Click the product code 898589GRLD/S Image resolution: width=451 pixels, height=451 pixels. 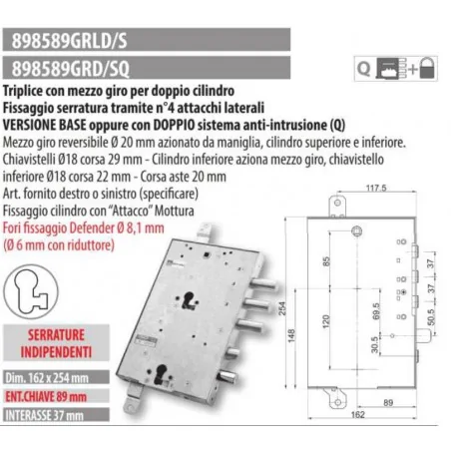pyautogui.click(x=69, y=41)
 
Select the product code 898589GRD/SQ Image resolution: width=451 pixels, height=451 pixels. pyautogui.click(x=71, y=69)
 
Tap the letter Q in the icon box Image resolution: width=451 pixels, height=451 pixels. pyautogui.click(x=363, y=69)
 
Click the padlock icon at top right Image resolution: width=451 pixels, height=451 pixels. pyautogui.click(x=427, y=68)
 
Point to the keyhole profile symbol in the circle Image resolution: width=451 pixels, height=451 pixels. pyautogui.click(x=31, y=291)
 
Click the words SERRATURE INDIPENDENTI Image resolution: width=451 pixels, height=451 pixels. pyautogui.click(x=56, y=343)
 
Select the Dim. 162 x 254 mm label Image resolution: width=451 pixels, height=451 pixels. pyautogui.click(x=47, y=378)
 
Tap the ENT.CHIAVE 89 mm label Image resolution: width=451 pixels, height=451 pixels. pyautogui.click(x=46, y=396)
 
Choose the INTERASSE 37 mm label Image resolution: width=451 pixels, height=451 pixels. pyautogui.click(x=44, y=415)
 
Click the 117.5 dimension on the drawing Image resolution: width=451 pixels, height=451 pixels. pyautogui.click(x=376, y=188)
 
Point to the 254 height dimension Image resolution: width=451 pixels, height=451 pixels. pyautogui.click(x=282, y=308)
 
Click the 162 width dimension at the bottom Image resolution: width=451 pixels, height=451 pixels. pyautogui.click(x=358, y=414)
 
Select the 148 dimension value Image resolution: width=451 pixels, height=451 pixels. pyautogui.click(x=291, y=335)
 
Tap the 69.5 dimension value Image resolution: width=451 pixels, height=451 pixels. pyautogui.click(x=376, y=311)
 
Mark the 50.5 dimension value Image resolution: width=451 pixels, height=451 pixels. pyautogui.click(x=431, y=317)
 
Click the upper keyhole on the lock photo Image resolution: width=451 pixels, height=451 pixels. pyautogui.click(x=190, y=299)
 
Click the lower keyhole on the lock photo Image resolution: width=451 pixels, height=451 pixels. pyautogui.click(x=162, y=373)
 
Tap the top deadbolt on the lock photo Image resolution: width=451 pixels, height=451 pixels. pyautogui.click(x=263, y=284)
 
